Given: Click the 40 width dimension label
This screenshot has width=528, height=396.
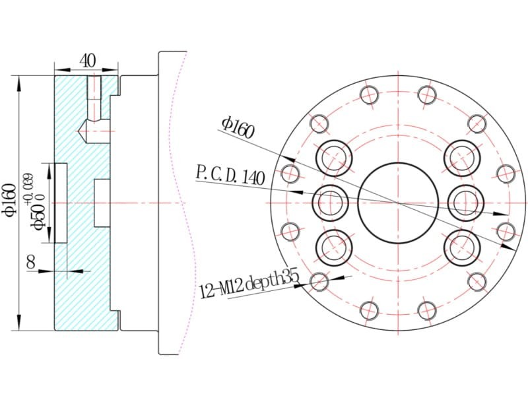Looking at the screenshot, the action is (88, 61).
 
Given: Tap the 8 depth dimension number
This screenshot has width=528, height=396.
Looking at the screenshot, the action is (31, 262).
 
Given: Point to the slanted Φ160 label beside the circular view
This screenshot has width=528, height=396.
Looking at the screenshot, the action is (238, 127).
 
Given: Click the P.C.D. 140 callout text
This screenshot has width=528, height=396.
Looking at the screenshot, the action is (230, 176).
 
